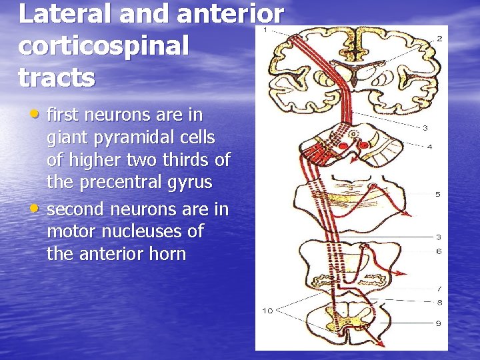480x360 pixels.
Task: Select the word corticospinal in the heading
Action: pos(104,46)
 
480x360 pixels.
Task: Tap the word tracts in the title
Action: pos(57,77)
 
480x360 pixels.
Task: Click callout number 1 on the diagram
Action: pos(265,30)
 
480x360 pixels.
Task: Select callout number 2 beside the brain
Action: pos(439,39)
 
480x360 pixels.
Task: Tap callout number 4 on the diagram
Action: pos(430,147)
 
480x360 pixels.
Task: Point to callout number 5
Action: pos(438,195)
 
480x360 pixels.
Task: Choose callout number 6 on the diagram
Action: pos(439,251)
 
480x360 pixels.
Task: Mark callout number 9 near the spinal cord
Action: pos(439,324)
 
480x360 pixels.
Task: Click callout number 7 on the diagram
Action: pos(439,289)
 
